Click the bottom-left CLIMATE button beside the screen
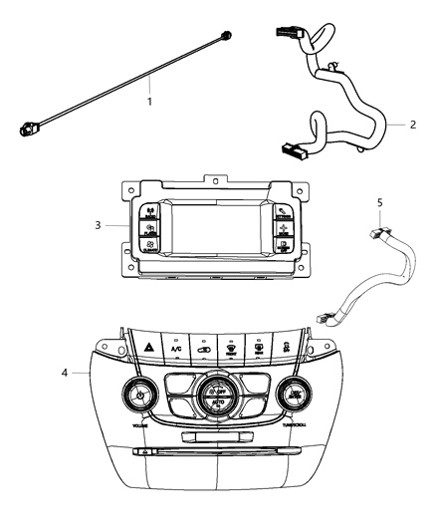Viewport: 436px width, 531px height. (x=149, y=244)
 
